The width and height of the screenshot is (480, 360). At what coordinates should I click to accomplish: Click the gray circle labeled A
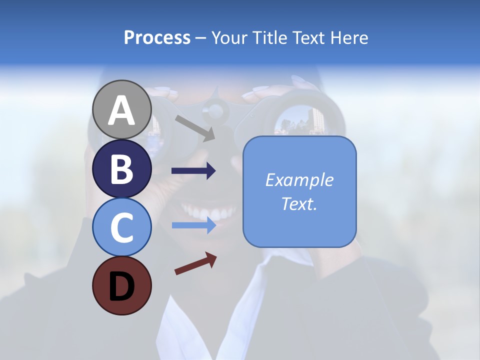click(x=121, y=109)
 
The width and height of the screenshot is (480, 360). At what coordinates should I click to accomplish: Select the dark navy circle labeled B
click(x=121, y=168)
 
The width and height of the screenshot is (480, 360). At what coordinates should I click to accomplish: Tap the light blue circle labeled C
click(x=121, y=227)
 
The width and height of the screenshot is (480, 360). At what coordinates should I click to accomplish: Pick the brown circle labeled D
click(x=121, y=285)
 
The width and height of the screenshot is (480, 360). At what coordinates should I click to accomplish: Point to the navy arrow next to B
click(x=193, y=171)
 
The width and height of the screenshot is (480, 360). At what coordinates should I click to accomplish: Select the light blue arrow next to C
click(x=193, y=225)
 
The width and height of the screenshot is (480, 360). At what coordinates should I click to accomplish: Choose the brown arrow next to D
click(x=195, y=263)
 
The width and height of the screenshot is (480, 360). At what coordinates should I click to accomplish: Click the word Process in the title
click(x=157, y=37)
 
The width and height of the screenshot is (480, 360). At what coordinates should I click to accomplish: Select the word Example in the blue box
click(x=299, y=180)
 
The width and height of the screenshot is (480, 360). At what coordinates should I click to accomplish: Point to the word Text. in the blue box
click(x=299, y=203)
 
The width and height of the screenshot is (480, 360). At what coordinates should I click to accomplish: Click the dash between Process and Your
click(x=201, y=38)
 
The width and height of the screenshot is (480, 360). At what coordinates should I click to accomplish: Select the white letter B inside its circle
click(x=121, y=168)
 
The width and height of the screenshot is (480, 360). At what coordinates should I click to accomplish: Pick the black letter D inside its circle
click(x=121, y=286)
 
